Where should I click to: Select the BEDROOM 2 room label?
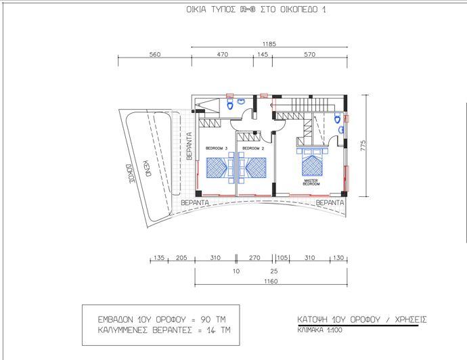pyautogui.click(x=251, y=148)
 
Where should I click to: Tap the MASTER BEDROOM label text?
pyautogui.click(x=311, y=182)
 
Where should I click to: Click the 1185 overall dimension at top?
pyautogui.click(x=269, y=45)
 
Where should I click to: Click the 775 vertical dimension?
pyautogui.click(x=363, y=146)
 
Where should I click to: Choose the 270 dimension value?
pyautogui.click(x=254, y=258)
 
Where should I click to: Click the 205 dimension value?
pyautogui.click(x=181, y=258)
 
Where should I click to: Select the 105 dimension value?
pyautogui.click(x=283, y=258)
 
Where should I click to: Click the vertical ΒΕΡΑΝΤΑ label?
pyautogui.click(x=190, y=145)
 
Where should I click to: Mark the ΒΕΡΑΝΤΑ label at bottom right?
pyautogui.click(x=332, y=202)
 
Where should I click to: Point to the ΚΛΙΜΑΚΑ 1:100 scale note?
pyautogui.click(x=319, y=332)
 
